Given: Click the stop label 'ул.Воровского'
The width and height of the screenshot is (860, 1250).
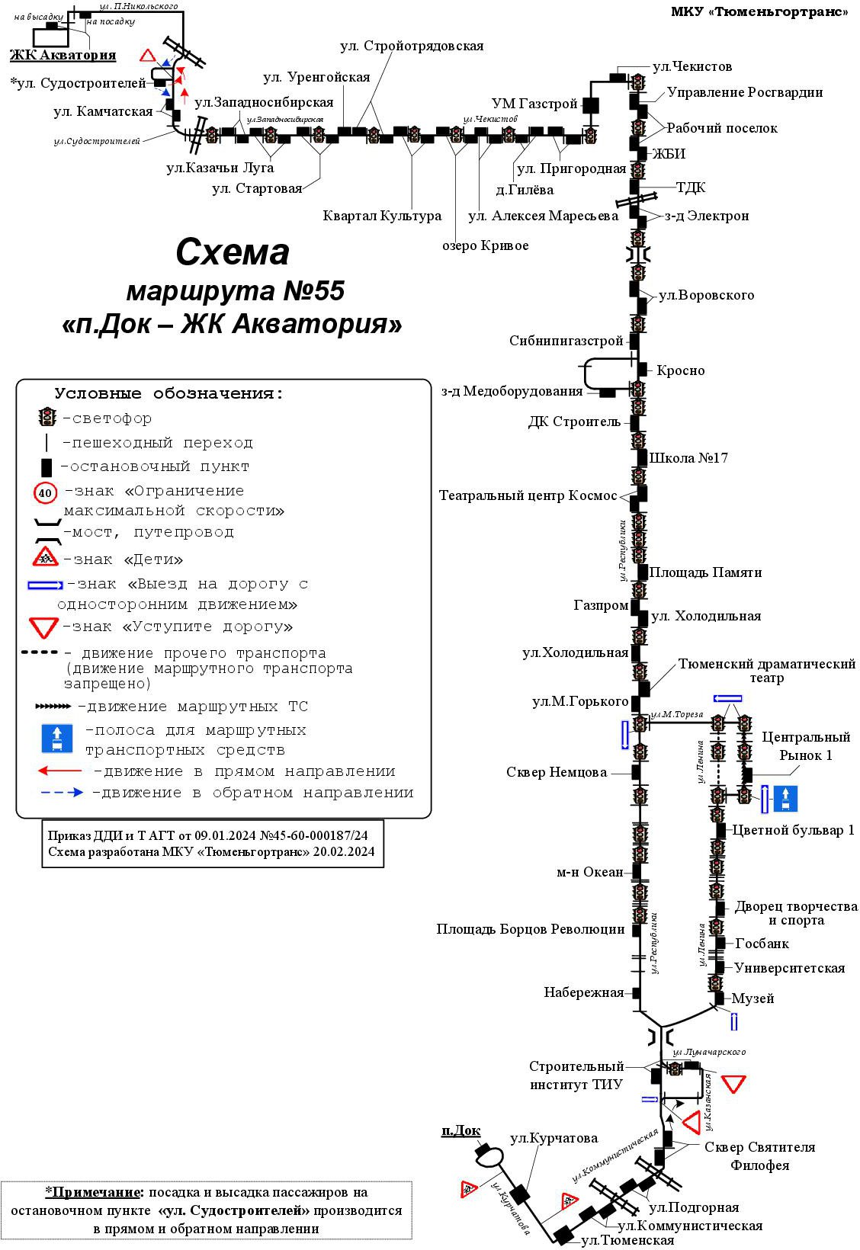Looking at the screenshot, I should (706, 295).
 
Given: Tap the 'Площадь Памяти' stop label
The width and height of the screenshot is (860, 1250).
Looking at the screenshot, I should (705, 572).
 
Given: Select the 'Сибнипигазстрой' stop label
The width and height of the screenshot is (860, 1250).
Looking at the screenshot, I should (566, 341).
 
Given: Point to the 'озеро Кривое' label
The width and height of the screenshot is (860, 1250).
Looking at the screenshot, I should (485, 245).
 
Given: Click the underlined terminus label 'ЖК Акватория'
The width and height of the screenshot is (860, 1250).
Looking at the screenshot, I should (63, 55).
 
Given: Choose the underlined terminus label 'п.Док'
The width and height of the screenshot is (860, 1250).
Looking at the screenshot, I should (460, 1130).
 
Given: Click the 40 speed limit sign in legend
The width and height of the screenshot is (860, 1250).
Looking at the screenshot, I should (46, 493).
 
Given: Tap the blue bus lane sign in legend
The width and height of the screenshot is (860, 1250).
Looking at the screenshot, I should (57, 739).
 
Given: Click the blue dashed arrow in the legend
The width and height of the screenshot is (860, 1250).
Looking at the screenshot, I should (63, 793).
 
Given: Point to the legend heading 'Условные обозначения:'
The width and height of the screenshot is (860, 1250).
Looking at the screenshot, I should (168, 394).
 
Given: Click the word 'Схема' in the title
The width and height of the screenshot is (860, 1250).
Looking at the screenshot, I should (233, 252).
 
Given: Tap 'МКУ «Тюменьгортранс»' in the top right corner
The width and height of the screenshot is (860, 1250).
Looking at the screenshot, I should (759, 11).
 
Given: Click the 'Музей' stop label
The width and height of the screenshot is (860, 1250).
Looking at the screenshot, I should (752, 998).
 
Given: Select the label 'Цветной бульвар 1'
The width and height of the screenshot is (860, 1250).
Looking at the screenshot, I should (793, 830).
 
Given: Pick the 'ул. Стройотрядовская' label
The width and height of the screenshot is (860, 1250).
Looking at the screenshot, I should (412, 46).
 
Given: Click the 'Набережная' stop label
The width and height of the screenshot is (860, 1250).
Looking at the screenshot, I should (583, 992).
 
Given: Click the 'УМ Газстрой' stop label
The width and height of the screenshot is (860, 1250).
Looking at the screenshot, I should (534, 104).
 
